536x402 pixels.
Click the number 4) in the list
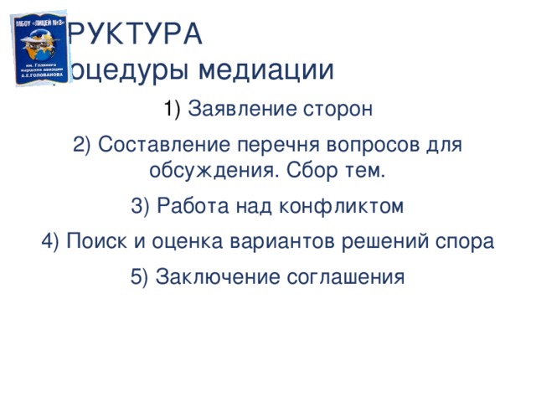point(50,241)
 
